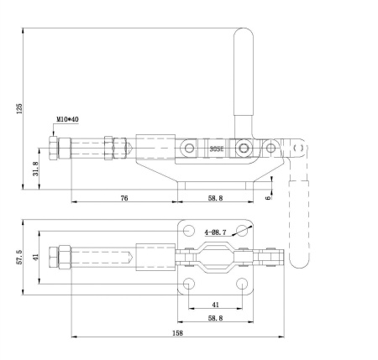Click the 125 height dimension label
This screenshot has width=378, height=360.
coord(19,108)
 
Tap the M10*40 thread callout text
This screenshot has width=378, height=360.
coord(68,119)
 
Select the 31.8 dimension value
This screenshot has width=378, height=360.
coord(35,169)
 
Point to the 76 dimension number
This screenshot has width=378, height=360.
coord(124,198)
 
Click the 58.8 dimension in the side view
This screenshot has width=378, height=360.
coord(215,198)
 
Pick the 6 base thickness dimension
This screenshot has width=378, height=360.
coord(268,198)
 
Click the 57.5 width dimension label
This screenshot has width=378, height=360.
coord(19,257)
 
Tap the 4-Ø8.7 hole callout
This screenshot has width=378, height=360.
coord(215,232)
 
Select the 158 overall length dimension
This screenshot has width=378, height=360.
coord(177,333)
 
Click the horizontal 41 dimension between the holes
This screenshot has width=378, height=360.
coord(215,305)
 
